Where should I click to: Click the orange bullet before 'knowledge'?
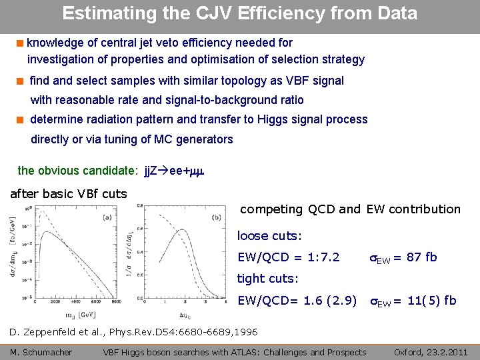pyautogui.click(x=21, y=43)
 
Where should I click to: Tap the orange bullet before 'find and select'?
pyautogui.click(x=21, y=81)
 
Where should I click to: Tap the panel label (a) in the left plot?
pyautogui.click(x=107, y=216)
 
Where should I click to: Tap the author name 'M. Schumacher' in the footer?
pyautogui.click(x=41, y=352)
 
